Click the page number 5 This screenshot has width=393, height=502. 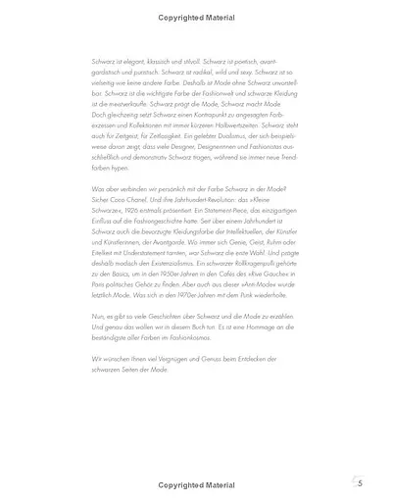361,484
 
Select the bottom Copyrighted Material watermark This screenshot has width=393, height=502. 196,484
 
